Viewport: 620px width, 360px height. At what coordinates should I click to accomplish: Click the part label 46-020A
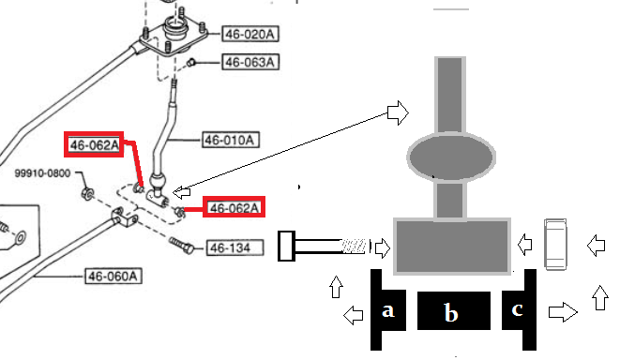pyautogui.click(x=250, y=34)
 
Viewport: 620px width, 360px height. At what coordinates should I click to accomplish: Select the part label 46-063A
pyautogui.click(x=250, y=62)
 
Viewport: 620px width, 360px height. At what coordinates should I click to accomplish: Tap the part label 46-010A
pyautogui.click(x=231, y=140)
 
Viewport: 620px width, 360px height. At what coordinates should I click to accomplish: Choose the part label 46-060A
pyautogui.click(x=113, y=276)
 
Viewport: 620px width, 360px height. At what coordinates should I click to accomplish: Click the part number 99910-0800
pyautogui.click(x=42, y=173)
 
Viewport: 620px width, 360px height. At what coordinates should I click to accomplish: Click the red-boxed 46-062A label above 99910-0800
pyautogui.click(x=94, y=144)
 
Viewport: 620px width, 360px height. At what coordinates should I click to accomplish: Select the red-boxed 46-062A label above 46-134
pyautogui.click(x=234, y=207)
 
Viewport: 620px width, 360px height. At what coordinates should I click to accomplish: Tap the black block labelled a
pyautogui.click(x=388, y=310)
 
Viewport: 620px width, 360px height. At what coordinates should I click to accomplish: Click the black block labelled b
pyautogui.click(x=454, y=310)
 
